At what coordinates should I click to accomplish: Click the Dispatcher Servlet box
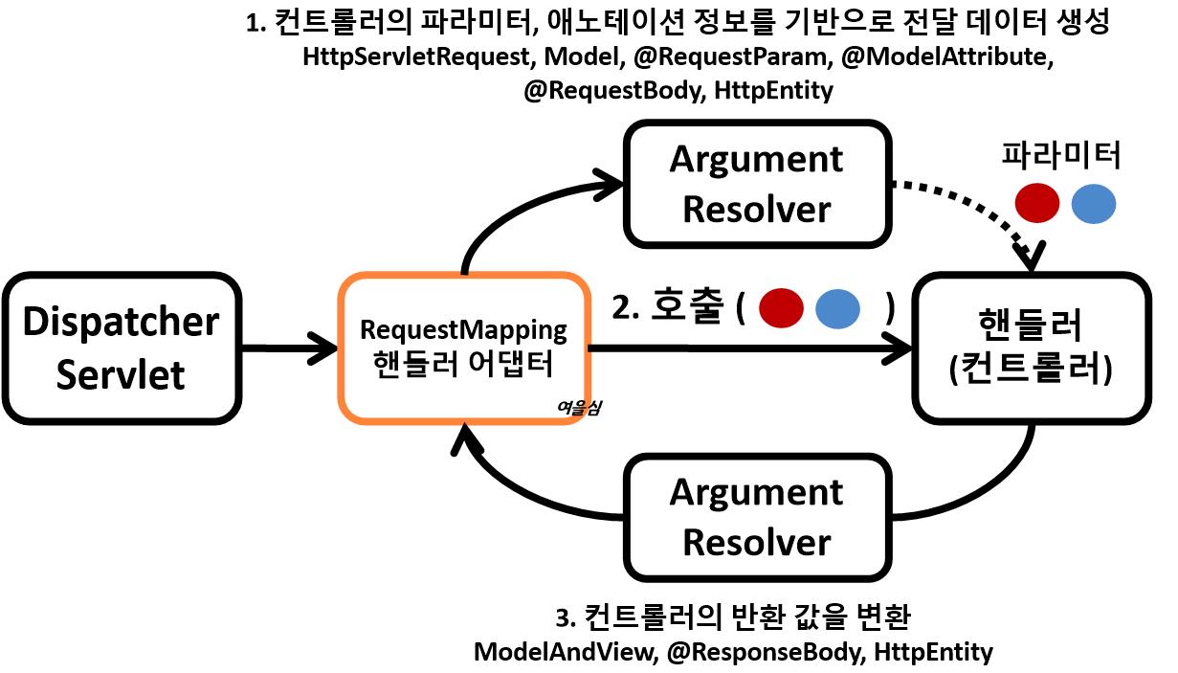(121, 348)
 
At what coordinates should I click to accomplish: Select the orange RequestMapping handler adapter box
(463, 348)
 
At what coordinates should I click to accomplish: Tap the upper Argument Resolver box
(756, 183)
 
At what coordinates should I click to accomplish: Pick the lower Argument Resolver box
(756, 517)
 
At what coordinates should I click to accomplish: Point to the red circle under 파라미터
(1036, 204)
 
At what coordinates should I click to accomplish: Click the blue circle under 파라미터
(1093, 204)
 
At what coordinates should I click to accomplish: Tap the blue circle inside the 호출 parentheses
(838, 308)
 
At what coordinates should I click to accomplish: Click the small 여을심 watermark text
(578, 406)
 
